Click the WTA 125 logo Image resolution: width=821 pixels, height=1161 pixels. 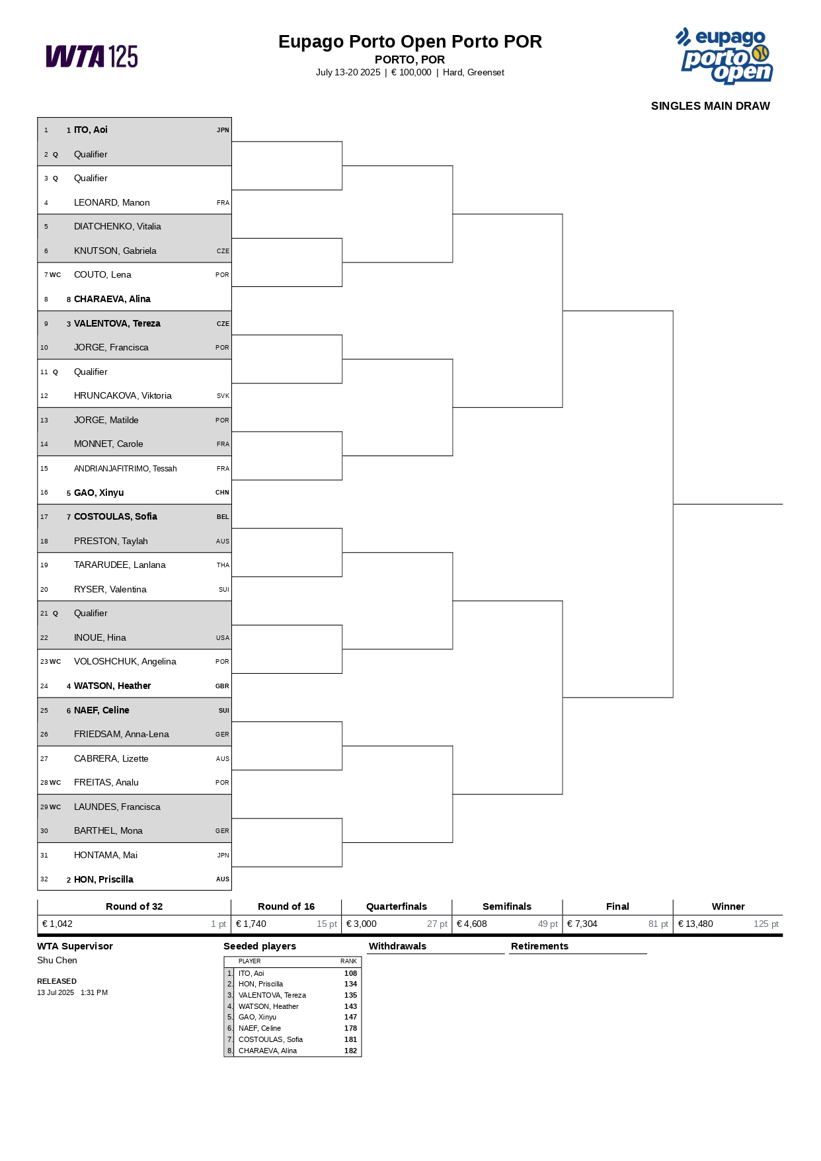click(92, 57)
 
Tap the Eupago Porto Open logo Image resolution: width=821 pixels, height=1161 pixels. click(726, 56)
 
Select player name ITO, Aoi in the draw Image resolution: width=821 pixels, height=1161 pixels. click(91, 130)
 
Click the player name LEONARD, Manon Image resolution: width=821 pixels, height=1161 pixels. click(112, 203)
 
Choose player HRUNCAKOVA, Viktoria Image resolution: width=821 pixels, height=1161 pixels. click(122, 396)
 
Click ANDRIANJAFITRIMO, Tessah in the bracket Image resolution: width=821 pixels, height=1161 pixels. click(125, 469)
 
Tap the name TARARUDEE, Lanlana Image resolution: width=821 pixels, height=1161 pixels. click(120, 565)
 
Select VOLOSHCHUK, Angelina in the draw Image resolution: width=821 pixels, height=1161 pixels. click(125, 662)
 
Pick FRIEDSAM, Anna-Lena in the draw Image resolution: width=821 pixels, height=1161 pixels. click(121, 735)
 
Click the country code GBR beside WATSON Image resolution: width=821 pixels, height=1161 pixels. click(222, 686)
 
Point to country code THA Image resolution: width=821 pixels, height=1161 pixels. click(223, 565)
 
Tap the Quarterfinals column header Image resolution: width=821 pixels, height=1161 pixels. click(397, 906)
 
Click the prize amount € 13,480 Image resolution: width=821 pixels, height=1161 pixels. click(695, 924)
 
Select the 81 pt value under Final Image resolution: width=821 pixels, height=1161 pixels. click(658, 924)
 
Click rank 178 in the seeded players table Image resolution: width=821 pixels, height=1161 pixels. click(350, 1029)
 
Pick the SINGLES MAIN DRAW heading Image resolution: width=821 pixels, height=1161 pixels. click(710, 106)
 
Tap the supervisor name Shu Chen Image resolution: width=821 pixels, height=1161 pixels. click(57, 961)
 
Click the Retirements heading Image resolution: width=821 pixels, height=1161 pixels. click(539, 947)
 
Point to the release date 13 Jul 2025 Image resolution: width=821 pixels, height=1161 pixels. click(56, 993)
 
